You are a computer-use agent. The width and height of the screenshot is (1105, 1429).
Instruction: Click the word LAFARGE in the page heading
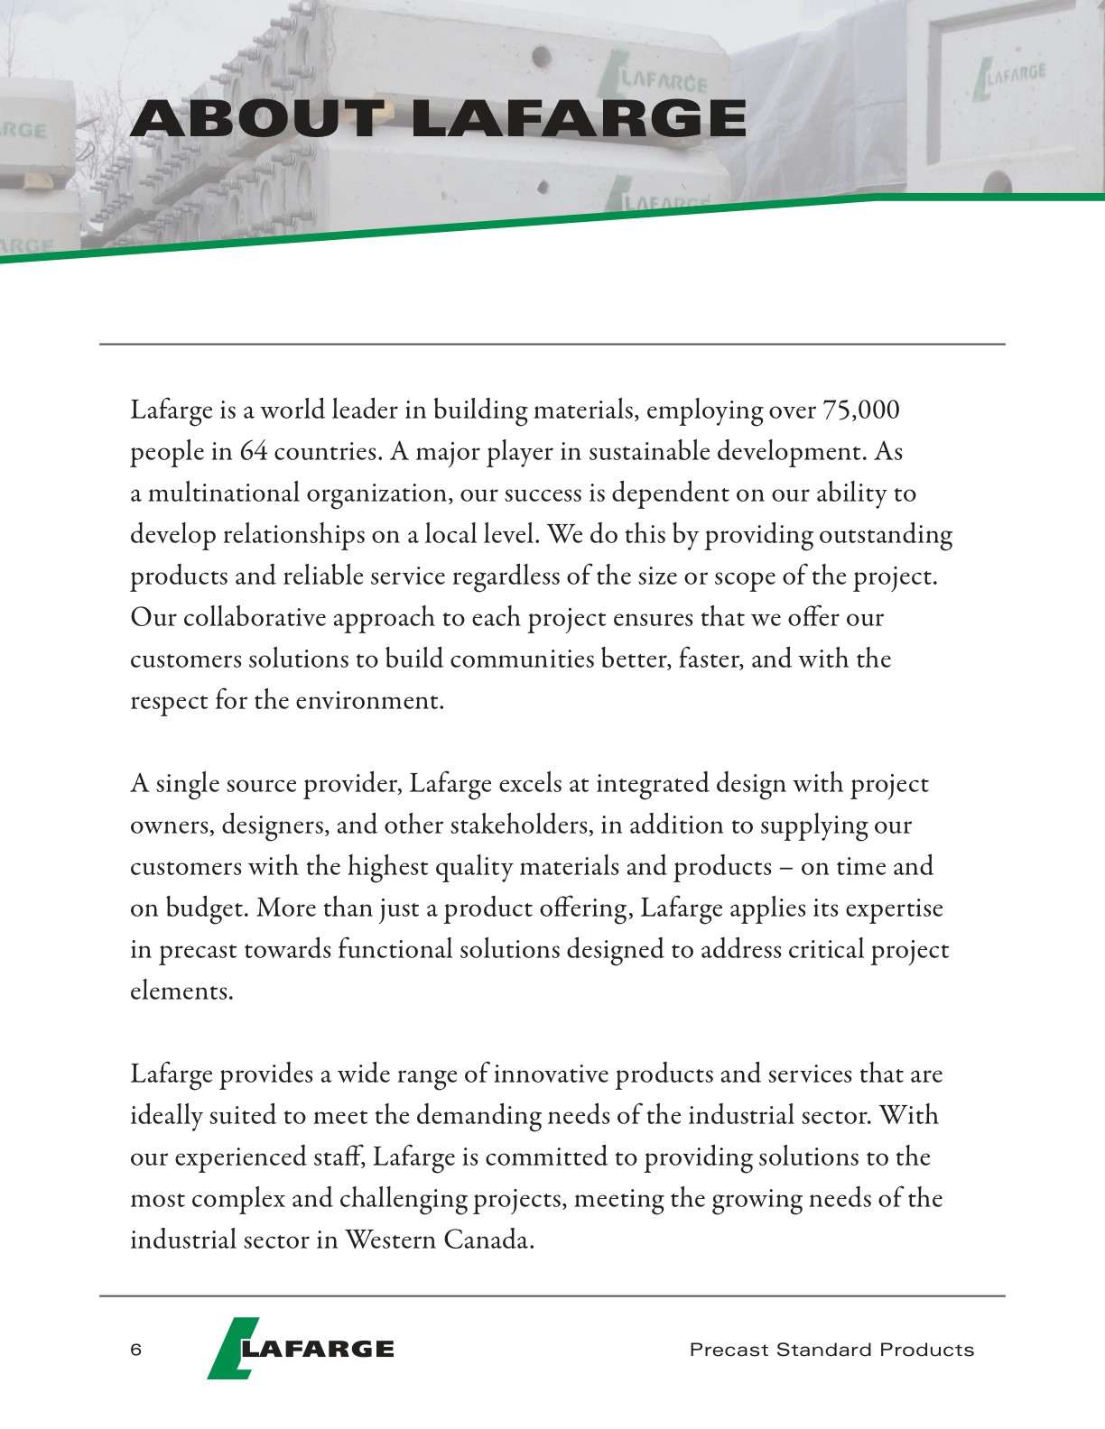coord(578,119)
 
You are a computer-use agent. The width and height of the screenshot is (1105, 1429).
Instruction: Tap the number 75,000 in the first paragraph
coord(861,410)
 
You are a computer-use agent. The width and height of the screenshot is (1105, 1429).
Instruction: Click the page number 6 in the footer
coord(136,1350)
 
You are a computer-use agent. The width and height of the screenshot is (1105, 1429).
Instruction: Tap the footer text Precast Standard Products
coord(831,1350)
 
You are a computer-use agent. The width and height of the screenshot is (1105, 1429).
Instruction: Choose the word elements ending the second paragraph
coord(181,991)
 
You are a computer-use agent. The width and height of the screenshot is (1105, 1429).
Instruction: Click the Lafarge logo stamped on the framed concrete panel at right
coord(1009,78)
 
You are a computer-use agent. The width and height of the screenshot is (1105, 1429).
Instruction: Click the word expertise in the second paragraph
coord(894,908)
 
